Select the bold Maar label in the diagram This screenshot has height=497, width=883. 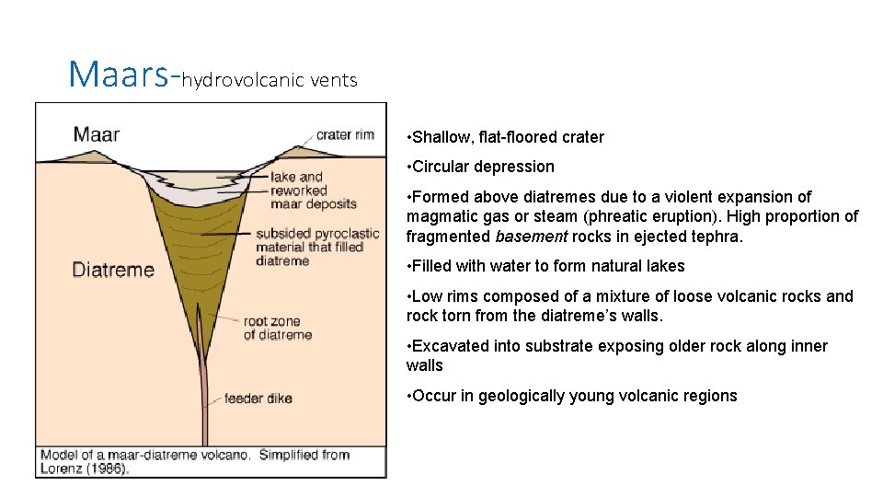pos(97,134)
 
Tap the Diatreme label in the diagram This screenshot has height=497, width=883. pos(113,271)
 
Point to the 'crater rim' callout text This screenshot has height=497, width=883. pos(345,134)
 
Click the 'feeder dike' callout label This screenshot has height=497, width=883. pos(258,399)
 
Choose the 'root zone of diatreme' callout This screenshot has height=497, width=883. pos(277,329)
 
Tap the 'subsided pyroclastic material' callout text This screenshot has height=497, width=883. pos(309,247)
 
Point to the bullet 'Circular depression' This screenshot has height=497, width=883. pos(483,167)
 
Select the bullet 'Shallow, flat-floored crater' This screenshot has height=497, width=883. pos(508,137)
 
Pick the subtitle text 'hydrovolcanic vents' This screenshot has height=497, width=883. pos(269,80)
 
